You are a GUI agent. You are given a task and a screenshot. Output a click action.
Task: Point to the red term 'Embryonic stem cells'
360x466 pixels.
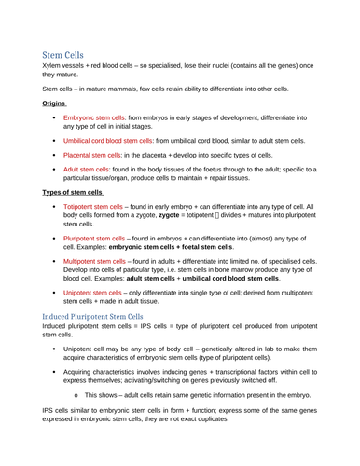pyautogui.click(x=94, y=118)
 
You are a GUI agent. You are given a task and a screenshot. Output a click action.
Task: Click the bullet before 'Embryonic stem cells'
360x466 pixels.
pyautogui.click(x=55, y=118)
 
